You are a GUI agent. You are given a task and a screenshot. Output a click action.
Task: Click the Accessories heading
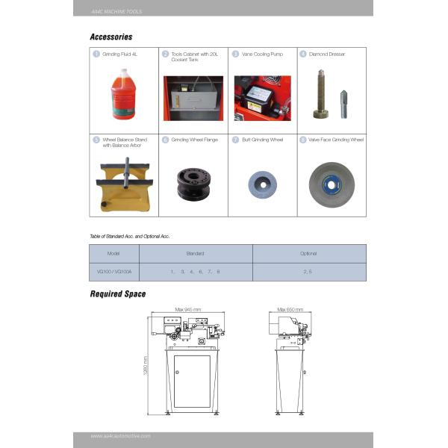111,37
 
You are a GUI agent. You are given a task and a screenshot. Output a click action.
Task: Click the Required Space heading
118,294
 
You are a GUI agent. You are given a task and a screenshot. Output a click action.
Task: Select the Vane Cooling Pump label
258,54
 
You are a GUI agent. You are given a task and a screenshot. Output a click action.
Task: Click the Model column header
114,254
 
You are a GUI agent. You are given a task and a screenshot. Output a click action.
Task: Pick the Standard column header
195,254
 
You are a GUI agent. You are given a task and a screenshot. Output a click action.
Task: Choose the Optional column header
308,254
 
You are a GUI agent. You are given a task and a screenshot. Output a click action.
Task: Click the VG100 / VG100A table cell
114,272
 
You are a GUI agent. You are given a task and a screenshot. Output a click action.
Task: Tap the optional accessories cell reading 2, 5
308,272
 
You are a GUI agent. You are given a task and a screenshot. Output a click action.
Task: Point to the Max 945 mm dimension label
189,308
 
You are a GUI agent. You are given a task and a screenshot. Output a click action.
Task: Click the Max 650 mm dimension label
290,308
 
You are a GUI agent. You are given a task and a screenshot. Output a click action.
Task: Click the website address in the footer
121,436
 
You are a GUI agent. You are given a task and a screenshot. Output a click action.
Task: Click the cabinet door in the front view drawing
192,381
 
